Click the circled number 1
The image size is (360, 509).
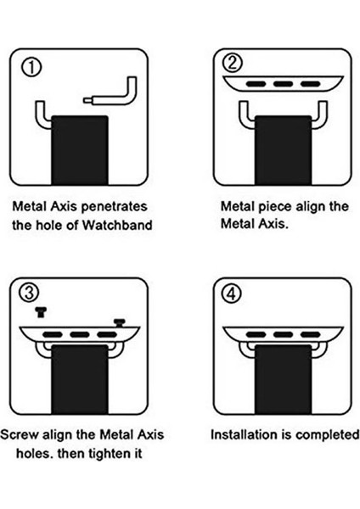click(31, 68)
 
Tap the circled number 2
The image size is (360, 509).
click(233, 63)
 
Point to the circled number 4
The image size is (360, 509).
click(231, 294)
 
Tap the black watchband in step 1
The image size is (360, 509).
click(80, 150)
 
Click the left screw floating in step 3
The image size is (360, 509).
click(41, 312)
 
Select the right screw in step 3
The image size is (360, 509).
click(120, 322)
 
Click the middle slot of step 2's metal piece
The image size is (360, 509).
click(283, 84)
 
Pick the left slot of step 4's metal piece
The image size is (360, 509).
click(256, 335)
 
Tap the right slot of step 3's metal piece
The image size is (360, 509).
click(107, 335)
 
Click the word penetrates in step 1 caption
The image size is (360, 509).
click(114, 207)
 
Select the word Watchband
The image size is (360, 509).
click(117, 225)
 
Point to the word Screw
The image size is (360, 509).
click(20, 434)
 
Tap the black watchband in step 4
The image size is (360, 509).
click(283, 379)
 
